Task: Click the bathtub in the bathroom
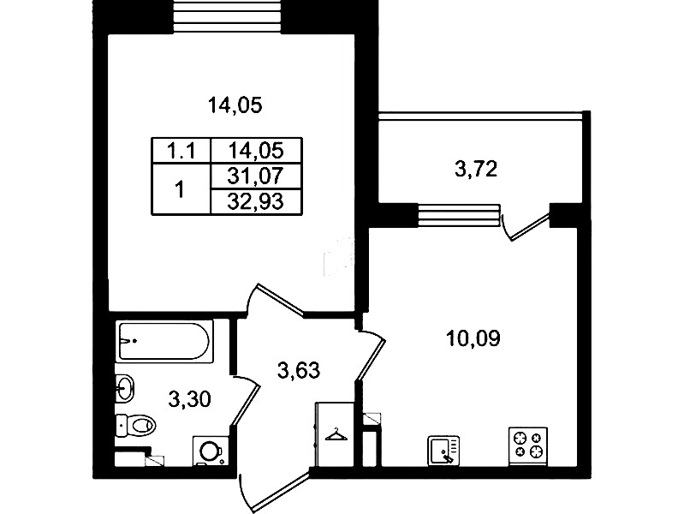165,341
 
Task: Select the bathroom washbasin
125,387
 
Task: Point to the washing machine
211,451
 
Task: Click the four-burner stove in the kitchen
528,445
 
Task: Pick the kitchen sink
443,450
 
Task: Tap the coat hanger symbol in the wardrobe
336,434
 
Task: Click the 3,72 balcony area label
476,170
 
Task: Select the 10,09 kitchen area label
473,338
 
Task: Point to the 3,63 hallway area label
299,371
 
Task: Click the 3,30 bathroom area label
190,399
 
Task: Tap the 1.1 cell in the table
181,151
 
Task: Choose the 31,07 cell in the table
257,176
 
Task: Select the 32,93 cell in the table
257,202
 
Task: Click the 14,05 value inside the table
257,151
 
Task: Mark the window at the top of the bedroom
227,16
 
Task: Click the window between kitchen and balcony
459,215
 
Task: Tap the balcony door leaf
530,226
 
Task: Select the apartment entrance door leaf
281,490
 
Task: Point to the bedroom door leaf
281,299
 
